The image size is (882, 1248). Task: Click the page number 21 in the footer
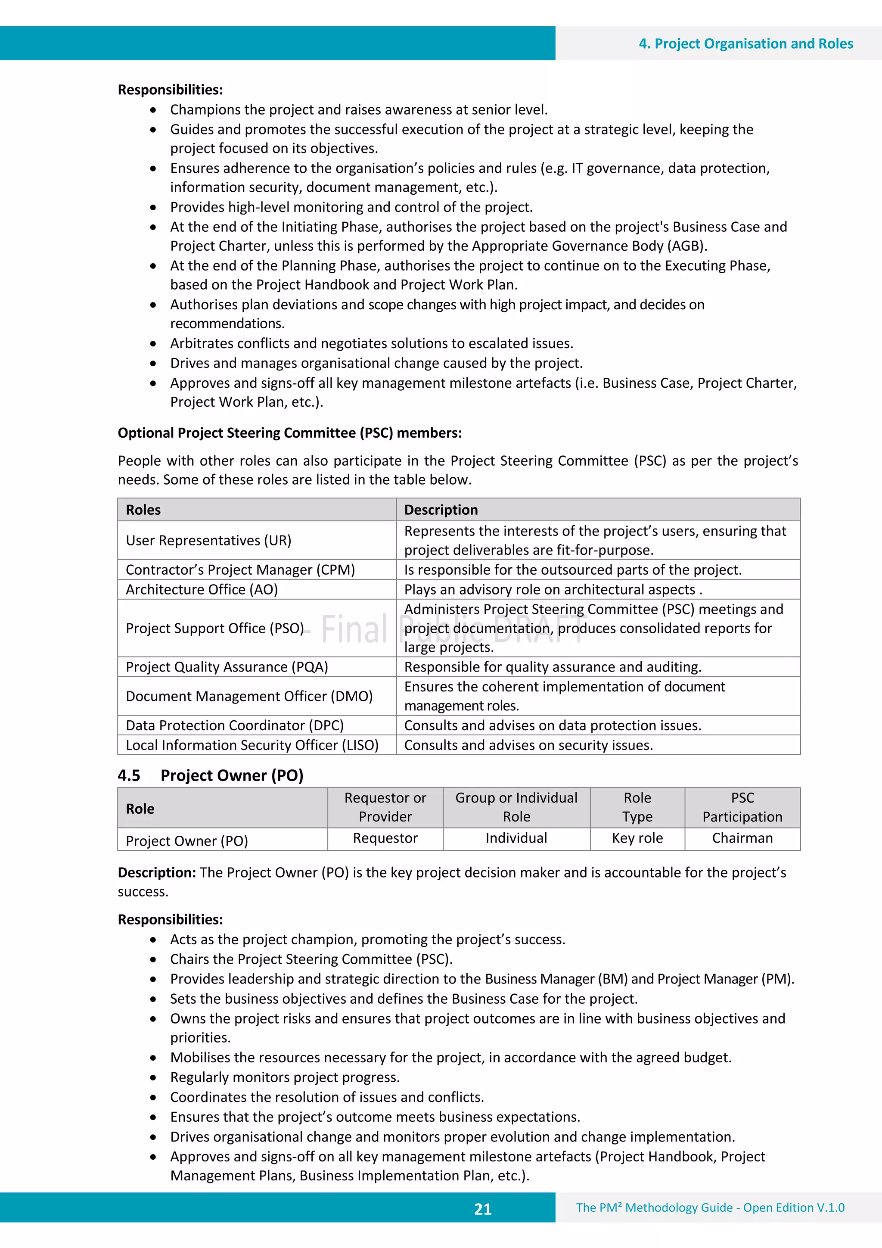483,1209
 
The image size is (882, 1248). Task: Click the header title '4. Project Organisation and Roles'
745,44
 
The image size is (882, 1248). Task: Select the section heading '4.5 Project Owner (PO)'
210,775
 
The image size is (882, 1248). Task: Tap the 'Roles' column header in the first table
143,510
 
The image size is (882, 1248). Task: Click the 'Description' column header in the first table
441,510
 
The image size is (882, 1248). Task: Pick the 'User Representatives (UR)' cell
209,540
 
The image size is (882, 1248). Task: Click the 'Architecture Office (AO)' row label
202,589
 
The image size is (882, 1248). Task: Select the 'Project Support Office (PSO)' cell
214,629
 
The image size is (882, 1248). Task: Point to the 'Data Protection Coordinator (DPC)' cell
234,725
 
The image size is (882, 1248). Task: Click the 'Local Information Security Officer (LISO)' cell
252,745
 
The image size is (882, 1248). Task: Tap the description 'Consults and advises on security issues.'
528,745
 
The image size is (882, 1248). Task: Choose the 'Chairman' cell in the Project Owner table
742,838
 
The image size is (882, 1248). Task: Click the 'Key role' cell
637,838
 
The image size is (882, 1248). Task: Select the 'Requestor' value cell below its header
385,838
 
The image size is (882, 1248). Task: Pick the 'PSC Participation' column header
742,807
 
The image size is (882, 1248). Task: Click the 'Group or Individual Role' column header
516,807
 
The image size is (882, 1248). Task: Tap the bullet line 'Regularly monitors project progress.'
285,1077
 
